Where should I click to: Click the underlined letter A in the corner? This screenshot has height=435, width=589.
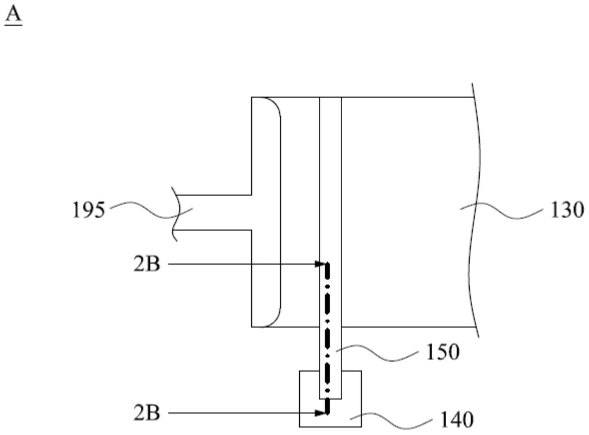[13, 15]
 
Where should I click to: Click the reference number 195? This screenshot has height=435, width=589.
[89, 210]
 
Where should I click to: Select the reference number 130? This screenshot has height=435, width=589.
[567, 210]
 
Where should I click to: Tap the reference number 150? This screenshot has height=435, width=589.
[442, 352]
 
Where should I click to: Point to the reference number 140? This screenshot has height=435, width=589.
[457, 420]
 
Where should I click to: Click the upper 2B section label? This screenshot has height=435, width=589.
[147, 265]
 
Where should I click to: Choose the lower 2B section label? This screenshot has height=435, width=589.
[147, 413]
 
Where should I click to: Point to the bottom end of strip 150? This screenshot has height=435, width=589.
[330, 398]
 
